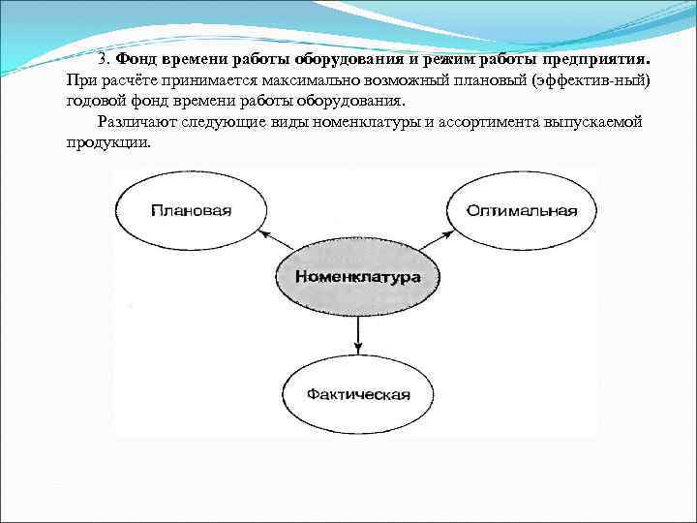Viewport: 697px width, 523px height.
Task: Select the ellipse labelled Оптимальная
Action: tap(521, 210)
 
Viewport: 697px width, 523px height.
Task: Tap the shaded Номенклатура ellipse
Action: tap(357, 277)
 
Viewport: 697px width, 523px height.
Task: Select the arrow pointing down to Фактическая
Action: tap(358, 333)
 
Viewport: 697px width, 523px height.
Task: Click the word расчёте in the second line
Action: tap(124, 78)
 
